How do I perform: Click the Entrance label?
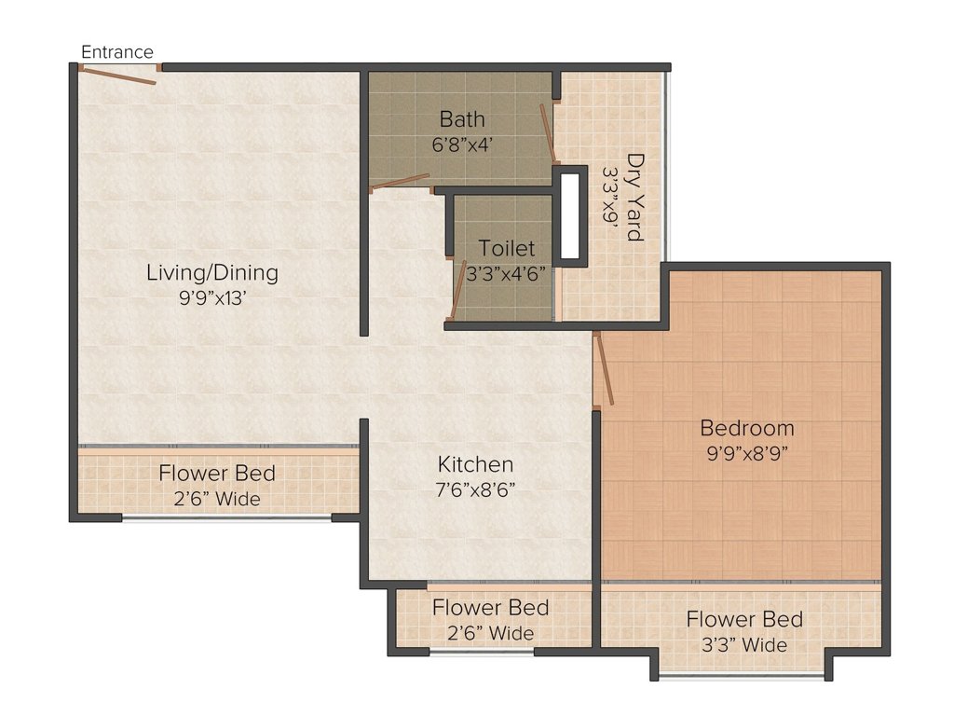point(116,52)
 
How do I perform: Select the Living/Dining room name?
point(212,272)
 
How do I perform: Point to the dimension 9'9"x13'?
point(212,297)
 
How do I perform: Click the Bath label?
point(462,118)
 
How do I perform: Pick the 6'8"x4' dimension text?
point(462,145)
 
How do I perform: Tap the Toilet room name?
point(506,248)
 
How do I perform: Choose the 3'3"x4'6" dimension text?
point(506,273)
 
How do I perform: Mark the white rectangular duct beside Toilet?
point(570,216)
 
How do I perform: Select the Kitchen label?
point(476,464)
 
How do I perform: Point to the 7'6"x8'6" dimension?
point(476,489)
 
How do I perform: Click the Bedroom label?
point(747,428)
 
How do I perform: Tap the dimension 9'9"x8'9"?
point(747,453)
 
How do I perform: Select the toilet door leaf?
point(457,290)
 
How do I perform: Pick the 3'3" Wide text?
point(744,645)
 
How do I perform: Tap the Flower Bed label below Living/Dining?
point(217,473)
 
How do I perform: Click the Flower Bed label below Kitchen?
point(490,607)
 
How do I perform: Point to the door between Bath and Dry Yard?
point(548,134)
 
